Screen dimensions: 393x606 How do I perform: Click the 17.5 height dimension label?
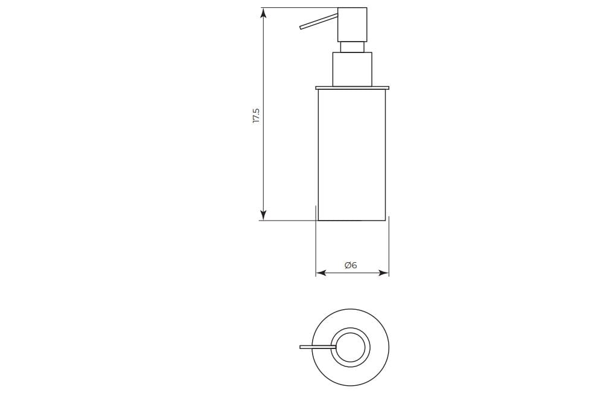[256, 116]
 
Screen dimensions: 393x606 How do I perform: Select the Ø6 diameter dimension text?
[351, 265]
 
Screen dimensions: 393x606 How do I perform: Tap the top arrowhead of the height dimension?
[263, 13]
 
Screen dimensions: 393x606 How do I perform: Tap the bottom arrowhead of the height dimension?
[263, 215]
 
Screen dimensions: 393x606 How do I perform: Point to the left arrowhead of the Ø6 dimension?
[321, 273]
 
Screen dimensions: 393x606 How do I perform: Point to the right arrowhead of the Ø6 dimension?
[384, 273]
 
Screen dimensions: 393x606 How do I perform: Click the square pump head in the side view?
[352, 24]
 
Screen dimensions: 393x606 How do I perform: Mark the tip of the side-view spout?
[301, 27]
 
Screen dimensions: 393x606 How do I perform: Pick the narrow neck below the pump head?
[352, 47]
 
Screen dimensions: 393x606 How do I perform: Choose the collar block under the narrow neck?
[352, 69]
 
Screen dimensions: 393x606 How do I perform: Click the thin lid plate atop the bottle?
[352, 88]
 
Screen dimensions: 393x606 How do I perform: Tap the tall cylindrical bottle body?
[352, 154]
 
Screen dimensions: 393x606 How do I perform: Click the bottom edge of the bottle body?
[352, 221]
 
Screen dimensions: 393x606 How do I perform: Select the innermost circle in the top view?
[351, 347]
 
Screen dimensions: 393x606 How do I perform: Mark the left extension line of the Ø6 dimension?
[316, 241]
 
